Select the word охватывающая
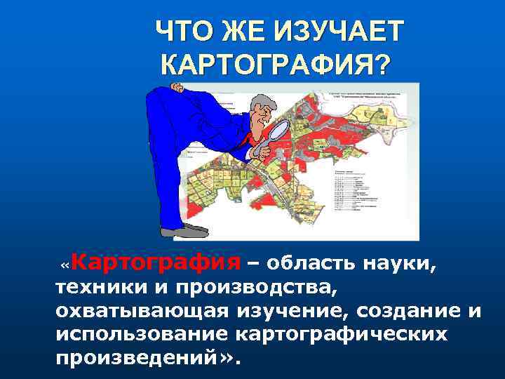point(140,310)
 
